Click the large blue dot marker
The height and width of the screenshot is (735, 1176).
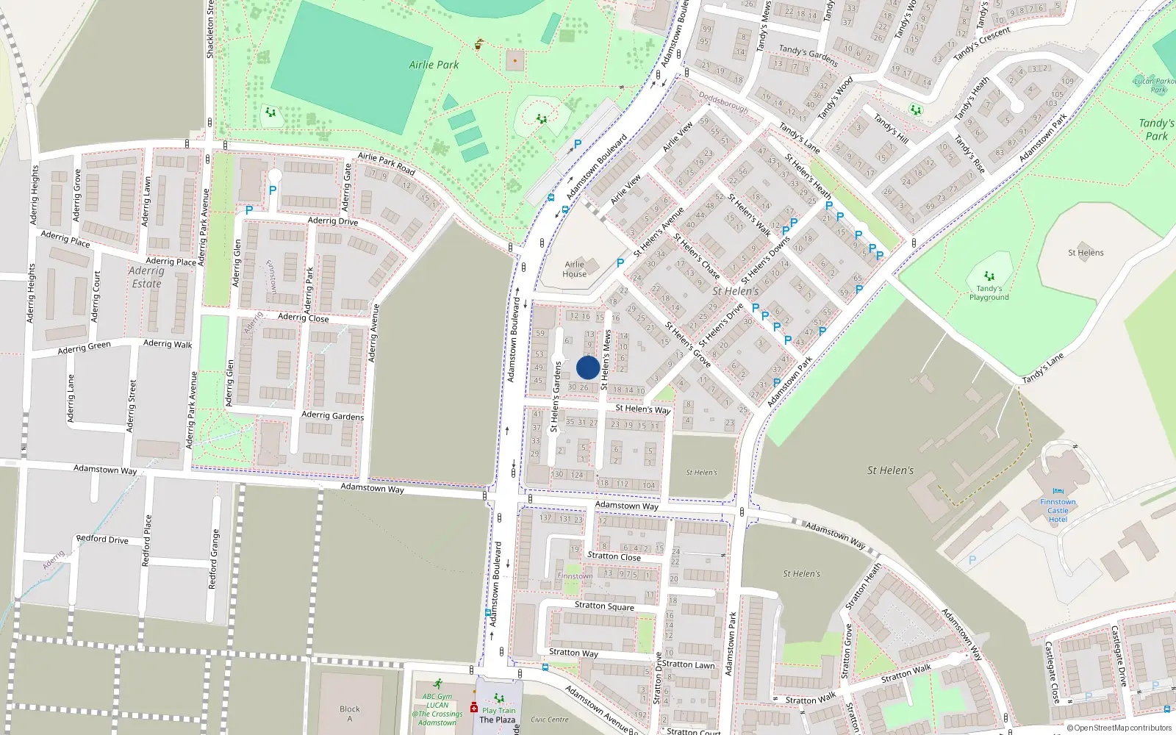coord(588,367)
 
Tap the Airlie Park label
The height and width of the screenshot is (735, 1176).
coord(434,65)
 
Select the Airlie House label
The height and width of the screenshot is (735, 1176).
coord(575,269)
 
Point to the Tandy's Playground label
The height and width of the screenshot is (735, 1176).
coord(989,293)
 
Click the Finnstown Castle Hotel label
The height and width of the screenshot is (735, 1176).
coord(1058,511)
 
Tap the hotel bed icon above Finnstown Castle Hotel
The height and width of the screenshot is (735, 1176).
coord(1058,491)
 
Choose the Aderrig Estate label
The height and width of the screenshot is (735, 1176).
coord(146,277)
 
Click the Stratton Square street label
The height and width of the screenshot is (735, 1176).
coord(604,606)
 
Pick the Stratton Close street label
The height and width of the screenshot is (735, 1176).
coord(614,556)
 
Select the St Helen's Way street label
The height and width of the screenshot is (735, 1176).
coord(642,409)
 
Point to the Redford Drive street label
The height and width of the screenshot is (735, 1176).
coord(102,539)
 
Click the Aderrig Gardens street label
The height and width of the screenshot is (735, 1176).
coord(332,415)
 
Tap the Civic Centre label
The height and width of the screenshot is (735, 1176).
coord(550,720)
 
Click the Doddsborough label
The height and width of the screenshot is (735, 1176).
coord(723,101)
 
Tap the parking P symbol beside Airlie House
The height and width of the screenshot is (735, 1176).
coord(620,262)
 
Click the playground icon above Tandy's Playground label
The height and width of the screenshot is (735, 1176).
coord(989,276)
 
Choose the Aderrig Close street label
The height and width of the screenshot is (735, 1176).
coord(303,318)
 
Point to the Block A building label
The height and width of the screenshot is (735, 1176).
coord(350,714)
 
